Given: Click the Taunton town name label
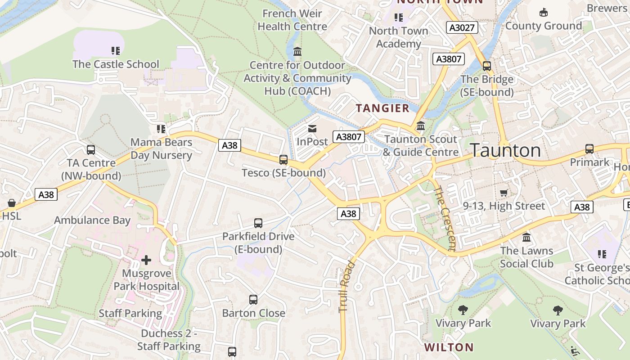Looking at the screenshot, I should pyautogui.click(x=505, y=150).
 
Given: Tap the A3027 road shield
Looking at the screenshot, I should pyautogui.click(x=462, y=27).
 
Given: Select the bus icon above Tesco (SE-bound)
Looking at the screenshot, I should pyautogui.click(x=283, y=160).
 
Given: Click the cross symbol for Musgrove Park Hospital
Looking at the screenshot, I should pyautogui.click(x=146, y=260).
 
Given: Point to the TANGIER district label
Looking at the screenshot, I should pyautogui.click(x=383, y=108).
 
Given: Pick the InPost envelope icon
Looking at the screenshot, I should pyautogui.click(x=312, y=129).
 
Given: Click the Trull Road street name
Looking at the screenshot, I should pyautogui.click(x=345, y=286).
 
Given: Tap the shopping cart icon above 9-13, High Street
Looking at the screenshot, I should pyautogui.click(x=504, y=193).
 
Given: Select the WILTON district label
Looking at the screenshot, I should pyautogui.click(x=449, y=347).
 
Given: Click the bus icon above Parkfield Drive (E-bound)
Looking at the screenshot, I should pyautogui.click(x=258, y=223).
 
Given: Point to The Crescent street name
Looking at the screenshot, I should pyautogui.click(x=445, y=218).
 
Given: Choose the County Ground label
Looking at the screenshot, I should pyautogui.click(x=544, y=26).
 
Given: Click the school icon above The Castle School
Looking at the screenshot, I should pyautogui.click(x=116, y=51).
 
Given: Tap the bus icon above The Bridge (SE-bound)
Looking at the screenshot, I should pyautogui.click(x=487, y=66).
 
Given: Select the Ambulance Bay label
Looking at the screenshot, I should pyautogui.click(x=92, y=220).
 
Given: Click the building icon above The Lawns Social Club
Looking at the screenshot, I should pyautogui.click(x=526, y=237).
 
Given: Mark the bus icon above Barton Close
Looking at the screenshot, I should pyautogui.click(x=253, y=300).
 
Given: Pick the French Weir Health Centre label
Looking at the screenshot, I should pyautogui.click(x=292, y=20).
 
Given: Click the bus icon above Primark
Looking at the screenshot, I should pyautogui.click(x=589, y=149).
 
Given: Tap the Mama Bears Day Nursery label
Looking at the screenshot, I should pyautogui.click(x=162, y=149).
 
